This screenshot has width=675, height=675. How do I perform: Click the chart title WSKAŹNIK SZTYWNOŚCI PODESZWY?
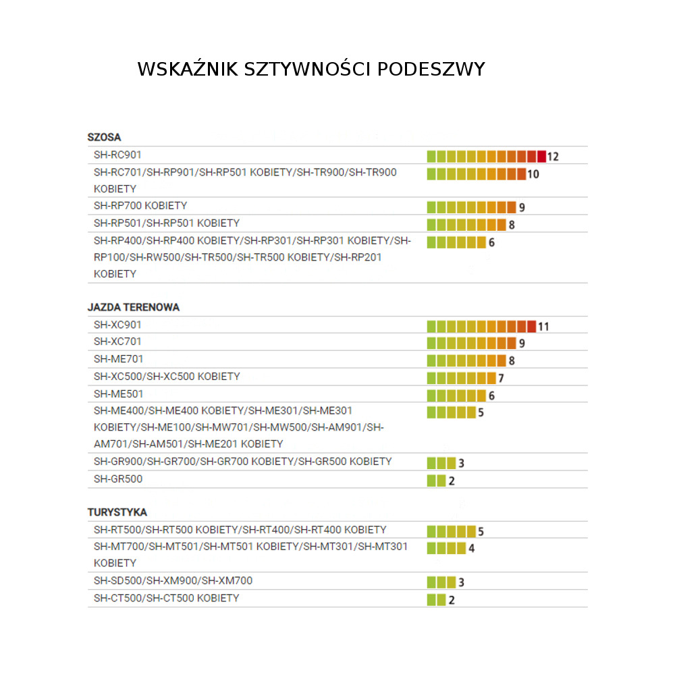[311, 70]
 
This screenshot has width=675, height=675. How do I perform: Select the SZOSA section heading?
[104, 137]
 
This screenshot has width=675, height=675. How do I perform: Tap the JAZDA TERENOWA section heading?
[133, 307]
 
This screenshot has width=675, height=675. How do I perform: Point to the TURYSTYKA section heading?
[117, 512]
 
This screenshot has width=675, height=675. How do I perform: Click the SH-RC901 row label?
[117, 155]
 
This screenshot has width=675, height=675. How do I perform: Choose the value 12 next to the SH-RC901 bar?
[553, 157]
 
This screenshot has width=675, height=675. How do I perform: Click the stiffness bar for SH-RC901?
[486, 157]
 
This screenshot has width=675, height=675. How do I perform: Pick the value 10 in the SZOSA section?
[533, 174]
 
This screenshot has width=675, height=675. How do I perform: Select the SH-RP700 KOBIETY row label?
[140, 205]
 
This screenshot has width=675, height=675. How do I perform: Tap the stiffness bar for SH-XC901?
[481, 327]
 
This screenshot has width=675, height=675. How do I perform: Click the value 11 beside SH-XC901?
[543, 327]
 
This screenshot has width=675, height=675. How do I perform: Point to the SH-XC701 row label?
[117, 342]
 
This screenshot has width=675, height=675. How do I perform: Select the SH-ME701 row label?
[118, 359]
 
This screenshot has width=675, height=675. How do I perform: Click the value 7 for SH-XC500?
[501, 378]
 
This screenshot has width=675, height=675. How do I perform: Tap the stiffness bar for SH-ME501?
[456, 396]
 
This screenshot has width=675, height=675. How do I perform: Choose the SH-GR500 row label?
[118, 479]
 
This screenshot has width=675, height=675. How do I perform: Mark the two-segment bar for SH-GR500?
[437, 481]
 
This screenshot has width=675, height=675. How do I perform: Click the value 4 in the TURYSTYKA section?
[471, 548]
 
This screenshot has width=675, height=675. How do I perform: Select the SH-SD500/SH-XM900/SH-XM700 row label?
[173, 580]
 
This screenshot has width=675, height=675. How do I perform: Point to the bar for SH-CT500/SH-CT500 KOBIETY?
[437, 599]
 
